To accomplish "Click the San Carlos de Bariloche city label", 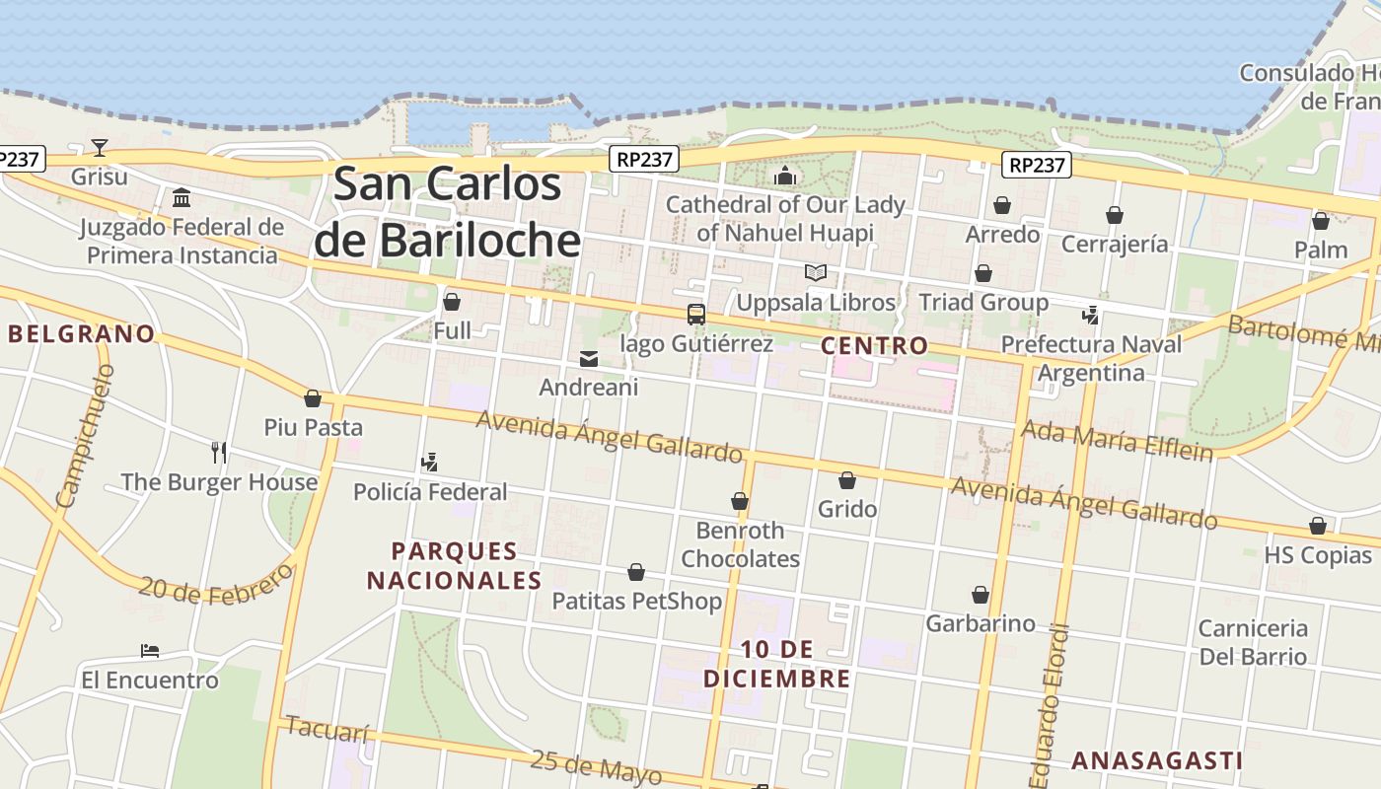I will click(x=447, y=212).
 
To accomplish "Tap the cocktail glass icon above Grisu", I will click(x=100, y=148).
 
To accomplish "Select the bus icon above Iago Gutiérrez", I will click(x=696, y=315).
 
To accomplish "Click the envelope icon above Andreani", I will click(x=589, y=359).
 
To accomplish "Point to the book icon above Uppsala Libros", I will click(x=815, y=273).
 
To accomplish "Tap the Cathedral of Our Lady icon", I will click(x=785, y=177).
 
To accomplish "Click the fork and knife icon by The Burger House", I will click(x=219, y=453).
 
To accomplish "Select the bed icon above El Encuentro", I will click(x=150, y=651).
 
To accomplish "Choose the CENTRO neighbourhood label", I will click(x=874, y=345).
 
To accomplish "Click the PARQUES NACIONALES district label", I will click(x=454, y=565).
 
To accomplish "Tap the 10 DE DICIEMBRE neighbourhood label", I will click(x=776, y=664).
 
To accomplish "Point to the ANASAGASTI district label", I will click(x=1156, y=760).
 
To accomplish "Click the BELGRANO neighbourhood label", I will click(x=82, y=333).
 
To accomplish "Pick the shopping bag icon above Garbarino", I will click(x=981, y=595).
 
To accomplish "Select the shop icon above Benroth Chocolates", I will click(x=740, y=502).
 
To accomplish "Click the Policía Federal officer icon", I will click(x=429, y=462).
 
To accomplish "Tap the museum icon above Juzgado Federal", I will click(x=182, y=198).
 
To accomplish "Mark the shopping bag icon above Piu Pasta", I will click(x=313, y=398).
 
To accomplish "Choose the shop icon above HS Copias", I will click(x=1318, y=527).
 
